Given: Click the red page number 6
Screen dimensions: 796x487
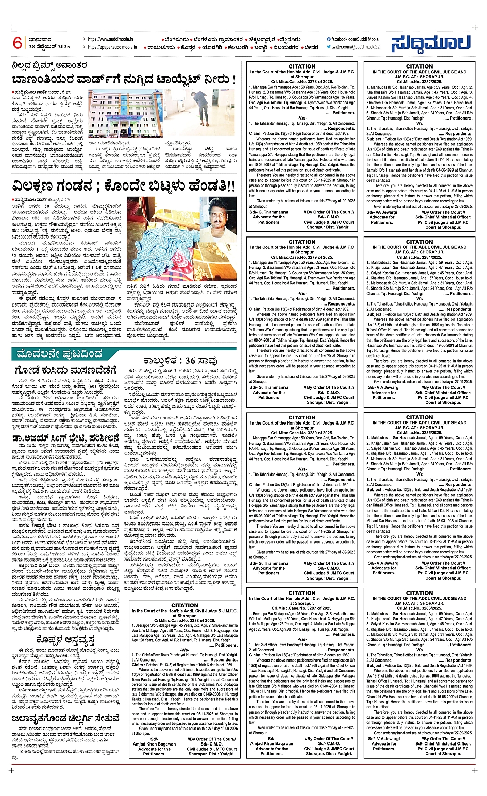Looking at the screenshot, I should click(18, 43).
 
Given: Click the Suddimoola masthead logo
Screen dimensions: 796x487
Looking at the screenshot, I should click(430, 44).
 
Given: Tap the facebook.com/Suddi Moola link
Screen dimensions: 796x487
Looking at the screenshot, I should click(353, 39).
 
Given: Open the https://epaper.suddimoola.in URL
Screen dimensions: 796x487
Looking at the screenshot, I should click(112, 47).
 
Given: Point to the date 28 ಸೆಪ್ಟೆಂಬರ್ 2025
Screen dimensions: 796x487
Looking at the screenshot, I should click(49, 47).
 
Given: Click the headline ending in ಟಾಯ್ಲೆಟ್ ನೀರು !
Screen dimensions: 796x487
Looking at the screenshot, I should click(124, 80).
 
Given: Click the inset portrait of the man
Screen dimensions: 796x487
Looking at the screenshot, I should click(221, 216).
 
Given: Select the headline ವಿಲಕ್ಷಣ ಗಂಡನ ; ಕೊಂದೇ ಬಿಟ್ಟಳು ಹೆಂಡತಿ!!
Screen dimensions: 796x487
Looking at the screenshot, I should click(124, 185).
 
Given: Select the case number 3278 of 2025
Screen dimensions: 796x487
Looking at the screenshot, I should click(302, 82).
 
